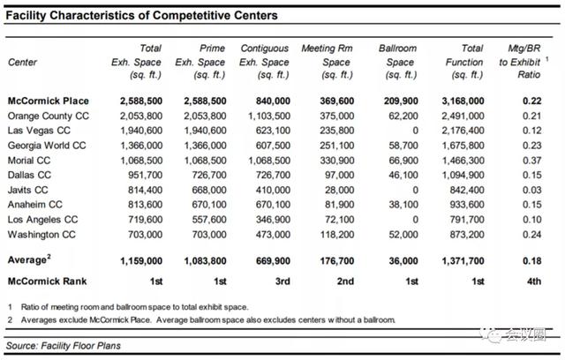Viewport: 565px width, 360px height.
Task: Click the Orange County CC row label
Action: click(x=49, y=116)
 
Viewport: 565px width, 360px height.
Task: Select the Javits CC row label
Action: click(x=27, y=190)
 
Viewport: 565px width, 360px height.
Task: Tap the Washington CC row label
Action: click(x=41, y=235)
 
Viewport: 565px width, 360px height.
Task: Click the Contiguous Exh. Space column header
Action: click(x=264, y=62)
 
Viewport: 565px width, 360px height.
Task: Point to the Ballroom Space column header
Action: click(x=397, y=62)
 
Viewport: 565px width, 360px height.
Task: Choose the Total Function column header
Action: click(x=464, y=62)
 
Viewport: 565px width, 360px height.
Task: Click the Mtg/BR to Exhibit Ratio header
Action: click(x=520, y=62)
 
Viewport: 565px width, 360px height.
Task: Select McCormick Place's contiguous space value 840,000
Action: click(x=273, y=101)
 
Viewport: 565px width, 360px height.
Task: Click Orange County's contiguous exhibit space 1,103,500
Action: click(x=268, y=116)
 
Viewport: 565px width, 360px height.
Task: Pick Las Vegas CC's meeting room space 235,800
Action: click(x=337, y=131)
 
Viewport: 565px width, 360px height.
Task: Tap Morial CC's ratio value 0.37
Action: click(x=531, y=161)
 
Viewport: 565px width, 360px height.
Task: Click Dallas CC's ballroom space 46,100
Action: click(x=403, y=175)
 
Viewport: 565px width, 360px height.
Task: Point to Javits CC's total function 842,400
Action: click(x=467, y=190)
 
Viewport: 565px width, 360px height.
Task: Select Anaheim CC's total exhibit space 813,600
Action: click(x=145, y=205)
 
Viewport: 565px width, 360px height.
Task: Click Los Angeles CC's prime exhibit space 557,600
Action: click(x=209, y=219)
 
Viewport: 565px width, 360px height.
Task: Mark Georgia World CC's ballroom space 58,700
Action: click(x=403, y=146)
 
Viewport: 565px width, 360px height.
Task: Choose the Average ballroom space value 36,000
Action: click(x=403, y=260)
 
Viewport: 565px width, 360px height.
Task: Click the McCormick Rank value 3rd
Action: click(x=282, y=281)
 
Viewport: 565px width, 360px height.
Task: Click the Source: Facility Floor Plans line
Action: click(x=64, y=346)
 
